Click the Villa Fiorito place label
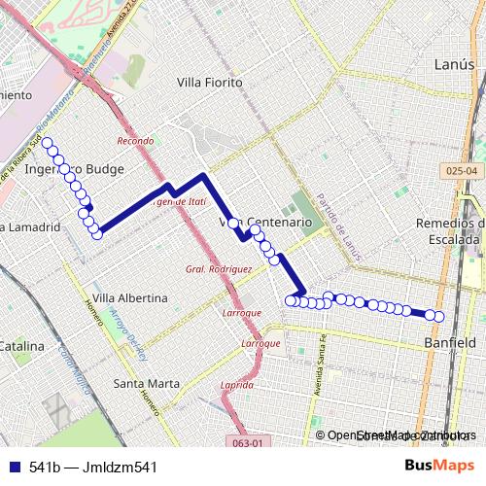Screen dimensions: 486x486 point(209,83)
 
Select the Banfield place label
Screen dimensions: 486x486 point(450,343)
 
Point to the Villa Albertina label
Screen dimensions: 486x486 point(129,297)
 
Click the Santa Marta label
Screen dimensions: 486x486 point(147,383)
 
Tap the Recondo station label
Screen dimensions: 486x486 point(135,141)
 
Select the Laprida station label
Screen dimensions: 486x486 point(237,384)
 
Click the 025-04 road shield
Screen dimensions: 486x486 point(465,171)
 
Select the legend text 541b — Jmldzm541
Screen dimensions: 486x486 point(92,467)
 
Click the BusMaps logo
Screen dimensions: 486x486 point(439,466)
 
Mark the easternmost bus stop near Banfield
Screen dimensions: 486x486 point(439,316)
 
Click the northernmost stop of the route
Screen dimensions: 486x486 point(47,144)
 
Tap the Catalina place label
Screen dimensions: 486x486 point(21,346)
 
